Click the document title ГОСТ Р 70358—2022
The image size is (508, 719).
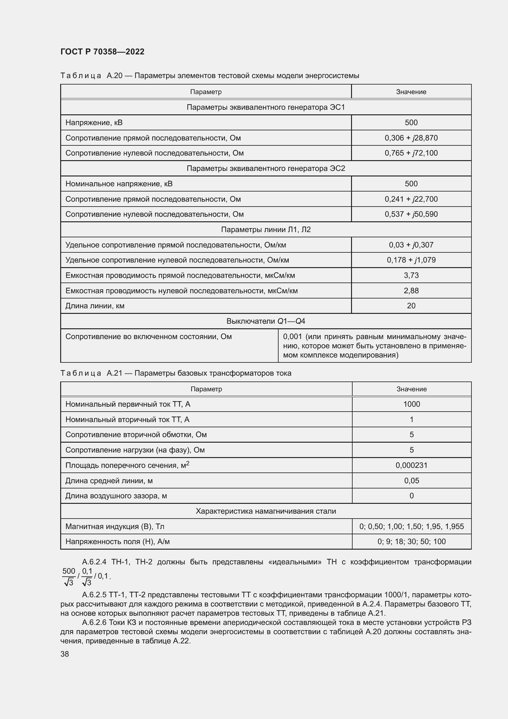(x=102, y=52)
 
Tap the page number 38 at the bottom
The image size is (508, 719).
(x=65, y=654)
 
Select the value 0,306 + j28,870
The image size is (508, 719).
(x=411, y=138)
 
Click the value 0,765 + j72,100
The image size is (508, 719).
(x=411, y=153)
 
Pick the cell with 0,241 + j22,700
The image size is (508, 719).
(x=411, y=199)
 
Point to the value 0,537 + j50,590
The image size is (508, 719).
(x=411, y=214)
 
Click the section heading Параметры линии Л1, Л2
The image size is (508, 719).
(x=266, y=230)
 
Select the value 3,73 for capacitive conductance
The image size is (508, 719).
(x=411, y=275)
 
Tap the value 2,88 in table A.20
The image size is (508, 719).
(x=411, y=290)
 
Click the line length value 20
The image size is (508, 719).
(x=411, y=306)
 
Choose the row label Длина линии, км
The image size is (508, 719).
(x=95, y=306)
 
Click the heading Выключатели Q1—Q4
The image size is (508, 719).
(x=266, y=321)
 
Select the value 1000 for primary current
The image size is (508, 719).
(x=411, y=404)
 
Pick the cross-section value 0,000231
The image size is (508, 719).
(x=411, y=465)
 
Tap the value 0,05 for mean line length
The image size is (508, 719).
(x=411, y=480)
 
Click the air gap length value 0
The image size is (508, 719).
(x=411, y=496)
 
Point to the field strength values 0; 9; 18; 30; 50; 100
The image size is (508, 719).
(x=411, y=541)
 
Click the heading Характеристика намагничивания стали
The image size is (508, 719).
(x=266, y=511)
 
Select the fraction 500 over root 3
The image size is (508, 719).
(x=68, y=576)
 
